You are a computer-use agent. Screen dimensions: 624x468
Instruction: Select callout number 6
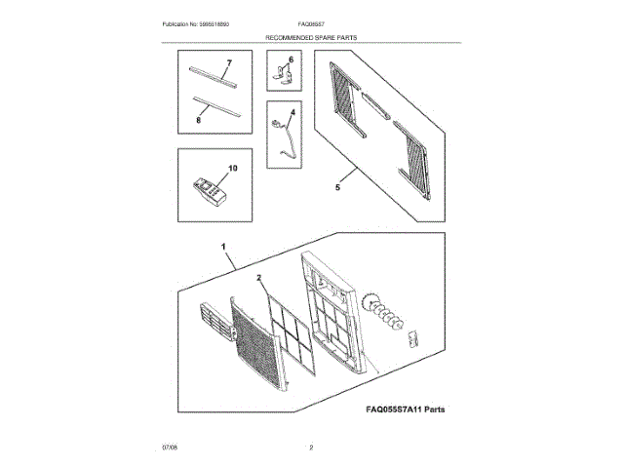[290, 59]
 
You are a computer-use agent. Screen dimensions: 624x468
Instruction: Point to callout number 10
[232, 168]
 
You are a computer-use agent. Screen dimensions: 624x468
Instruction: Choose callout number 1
[225, 248]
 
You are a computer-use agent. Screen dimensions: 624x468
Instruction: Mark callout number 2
[260, 278]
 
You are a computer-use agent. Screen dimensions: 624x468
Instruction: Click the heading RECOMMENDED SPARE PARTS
[312, 36]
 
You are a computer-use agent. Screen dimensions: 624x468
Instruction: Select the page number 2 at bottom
[311, 447]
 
